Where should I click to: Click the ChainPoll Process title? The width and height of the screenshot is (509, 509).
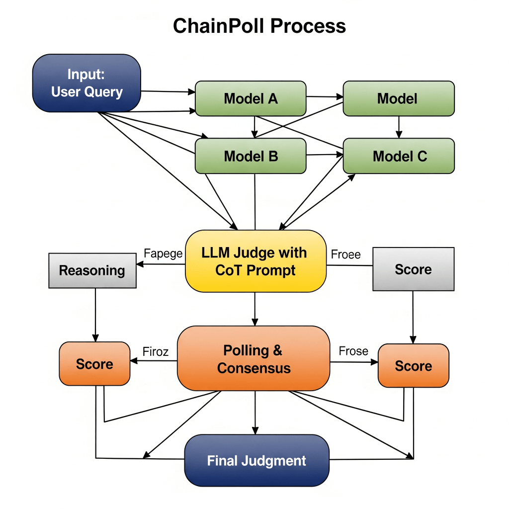(x=259, y=25)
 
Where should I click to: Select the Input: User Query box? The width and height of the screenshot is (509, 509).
(x=87, y=83)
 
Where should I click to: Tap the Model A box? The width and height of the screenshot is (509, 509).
(x=251, y=98)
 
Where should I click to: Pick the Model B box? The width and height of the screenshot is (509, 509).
(x=251, y=156)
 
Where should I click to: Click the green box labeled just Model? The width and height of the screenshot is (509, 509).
(x=399, y=98)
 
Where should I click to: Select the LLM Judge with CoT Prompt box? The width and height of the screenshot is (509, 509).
(x=255, y=261)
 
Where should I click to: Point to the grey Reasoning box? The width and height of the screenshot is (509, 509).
(x=92, y=270)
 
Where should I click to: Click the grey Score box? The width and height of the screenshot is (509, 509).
(x=413, y=269)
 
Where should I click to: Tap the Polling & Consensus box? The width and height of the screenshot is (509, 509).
(x=254, y=359)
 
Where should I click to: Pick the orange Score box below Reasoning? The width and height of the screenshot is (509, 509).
(x=94, y=364)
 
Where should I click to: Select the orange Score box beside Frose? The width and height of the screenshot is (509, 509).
(x=413, y=366)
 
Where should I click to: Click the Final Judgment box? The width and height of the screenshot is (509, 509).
(x=256, y=460)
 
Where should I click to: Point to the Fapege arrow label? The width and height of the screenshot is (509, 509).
(x=163, y=254)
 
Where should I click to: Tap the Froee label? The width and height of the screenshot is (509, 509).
(x=345, y=254)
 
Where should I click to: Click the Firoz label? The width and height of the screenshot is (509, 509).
(x=156, y=352)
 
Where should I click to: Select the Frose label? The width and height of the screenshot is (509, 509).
(x=353, y=351)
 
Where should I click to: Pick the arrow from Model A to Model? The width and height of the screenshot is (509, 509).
(x=324, y=97)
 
